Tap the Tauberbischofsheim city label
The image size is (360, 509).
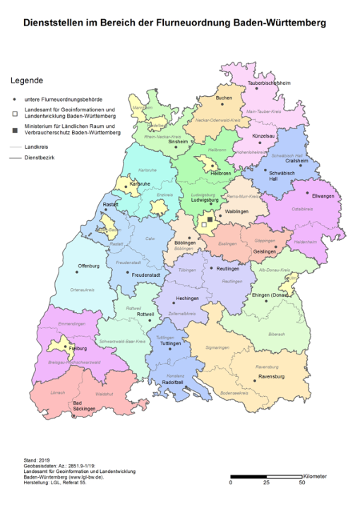(269, 83)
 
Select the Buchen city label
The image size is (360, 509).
(224, 97)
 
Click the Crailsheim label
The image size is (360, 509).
(296, 160)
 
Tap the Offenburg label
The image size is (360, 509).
(89, 266)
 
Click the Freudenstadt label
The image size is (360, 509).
(148, 273)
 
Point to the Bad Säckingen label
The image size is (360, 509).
(85, 407)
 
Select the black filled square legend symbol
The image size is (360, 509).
(14, 129)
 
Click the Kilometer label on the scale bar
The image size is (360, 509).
(315, 476)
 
